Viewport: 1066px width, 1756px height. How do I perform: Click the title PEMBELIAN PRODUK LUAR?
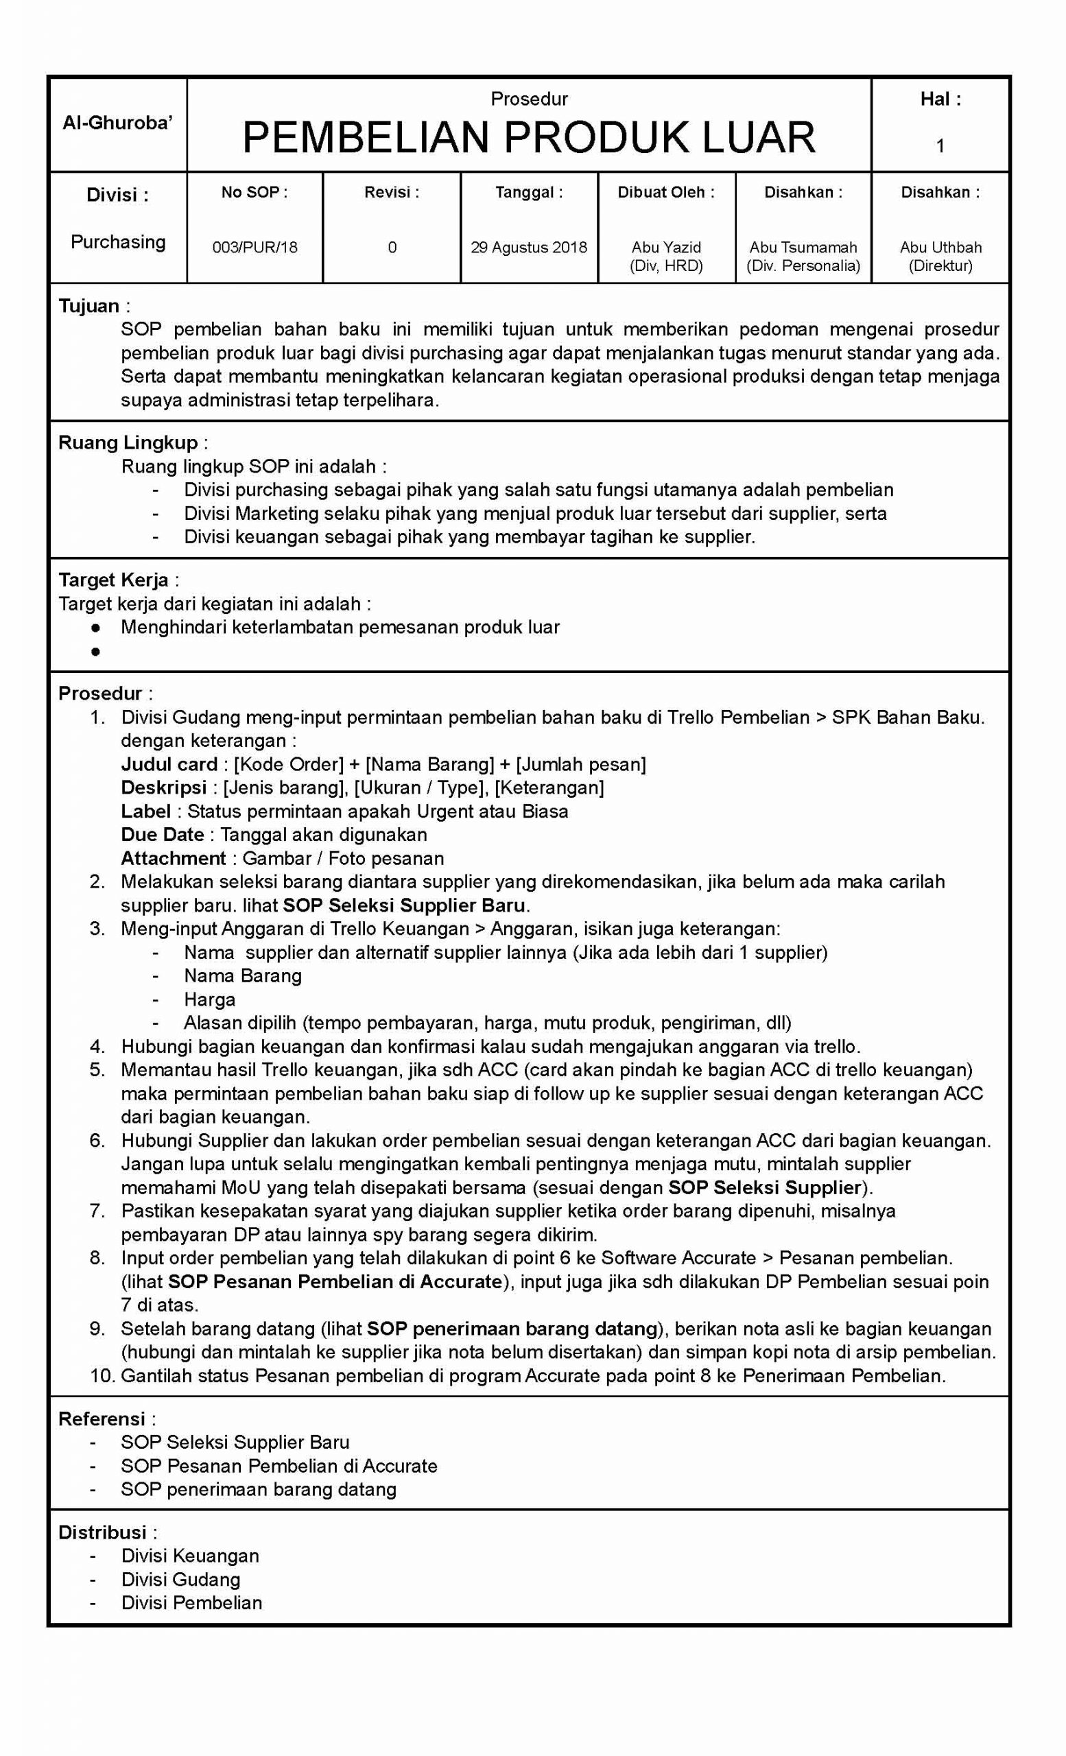(x=528, y=138)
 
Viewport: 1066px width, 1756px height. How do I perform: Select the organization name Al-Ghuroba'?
(x=117, y=123)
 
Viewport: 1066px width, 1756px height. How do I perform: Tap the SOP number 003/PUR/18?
(x=254, y=248)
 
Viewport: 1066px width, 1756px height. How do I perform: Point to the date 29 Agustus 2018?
(x=528, y=248)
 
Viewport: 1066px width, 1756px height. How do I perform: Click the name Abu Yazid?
(x=665, y=248)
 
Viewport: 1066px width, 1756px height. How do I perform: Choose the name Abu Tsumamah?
(x=803, y=248)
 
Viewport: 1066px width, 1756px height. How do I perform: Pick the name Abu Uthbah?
(x=940, y=248)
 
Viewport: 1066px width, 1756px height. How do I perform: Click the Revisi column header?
(x=391, y=193)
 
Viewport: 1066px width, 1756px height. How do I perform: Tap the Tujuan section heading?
(x=89, y=306)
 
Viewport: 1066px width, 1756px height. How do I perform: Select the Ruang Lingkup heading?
(x=128, y=442)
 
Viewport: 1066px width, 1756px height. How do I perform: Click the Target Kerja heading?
(x=114, y=580)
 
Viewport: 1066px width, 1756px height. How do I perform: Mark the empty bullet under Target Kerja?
(x=95, y=652)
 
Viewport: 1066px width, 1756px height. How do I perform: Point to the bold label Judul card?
(x=169, y=764)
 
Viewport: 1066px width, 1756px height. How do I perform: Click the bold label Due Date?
(x=163, y=835)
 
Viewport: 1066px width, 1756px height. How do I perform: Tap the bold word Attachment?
(x=173, y=858)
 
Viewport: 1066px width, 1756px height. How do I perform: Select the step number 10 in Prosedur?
(x=102, y=1375)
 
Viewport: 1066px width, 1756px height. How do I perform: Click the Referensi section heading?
(x=102, y=1419)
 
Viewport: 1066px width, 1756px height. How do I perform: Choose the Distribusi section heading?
(x=103, y=1532)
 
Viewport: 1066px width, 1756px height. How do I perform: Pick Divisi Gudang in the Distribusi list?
(x=181, y=1579)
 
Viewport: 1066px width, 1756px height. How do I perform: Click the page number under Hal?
(x=940, y=146)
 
